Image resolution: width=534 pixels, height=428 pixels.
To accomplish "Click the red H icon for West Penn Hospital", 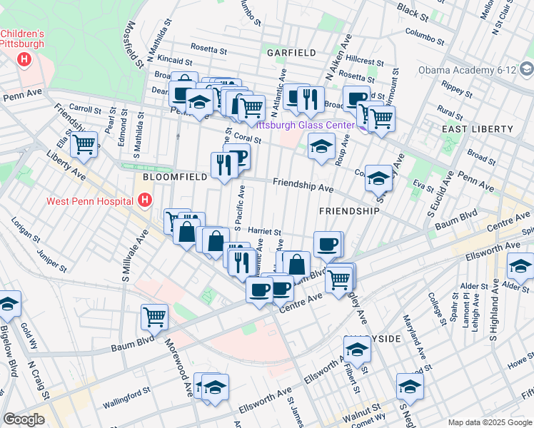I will pos(146,201).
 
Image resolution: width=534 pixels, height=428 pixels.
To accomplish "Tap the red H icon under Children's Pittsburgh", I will pos(26,58).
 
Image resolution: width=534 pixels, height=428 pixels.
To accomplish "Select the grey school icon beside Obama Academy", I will pos(527,70).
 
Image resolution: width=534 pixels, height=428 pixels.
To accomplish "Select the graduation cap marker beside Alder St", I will pos(520,267).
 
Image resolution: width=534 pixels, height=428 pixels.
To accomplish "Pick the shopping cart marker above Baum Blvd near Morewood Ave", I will pos(154,317).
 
